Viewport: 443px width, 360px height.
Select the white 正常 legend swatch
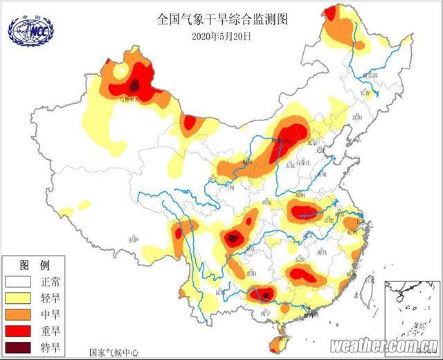[20, 283]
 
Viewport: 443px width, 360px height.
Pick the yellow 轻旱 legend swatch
[20, 299]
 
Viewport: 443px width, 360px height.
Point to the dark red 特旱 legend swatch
[20, 346]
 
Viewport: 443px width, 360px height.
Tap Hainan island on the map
[281, 341]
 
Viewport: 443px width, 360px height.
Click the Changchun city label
[365, 92]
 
